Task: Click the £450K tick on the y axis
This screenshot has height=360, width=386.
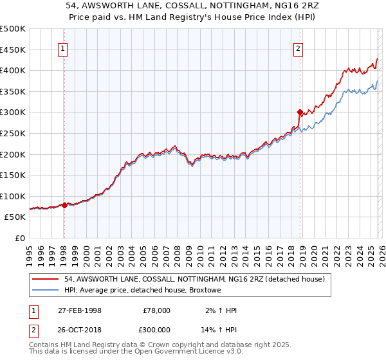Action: [x=13, y=50]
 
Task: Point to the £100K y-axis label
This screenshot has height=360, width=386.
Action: [x=13, y=196]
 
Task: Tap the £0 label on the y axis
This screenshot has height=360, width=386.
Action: [x=19, y=238]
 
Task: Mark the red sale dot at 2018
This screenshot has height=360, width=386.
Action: [x=300, y=113]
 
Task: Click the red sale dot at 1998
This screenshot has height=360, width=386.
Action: [x=64, y=206]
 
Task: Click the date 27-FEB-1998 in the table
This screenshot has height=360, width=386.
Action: [x=80, y=310]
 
